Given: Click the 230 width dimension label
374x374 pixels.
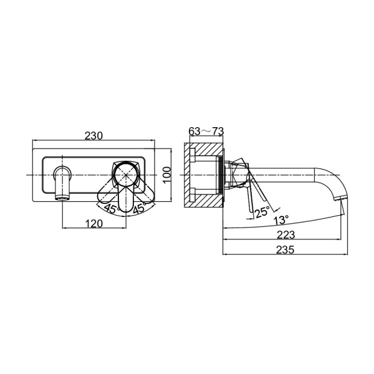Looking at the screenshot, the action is [x=93, y=135].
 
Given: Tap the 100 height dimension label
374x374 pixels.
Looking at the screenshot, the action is [x=168, y=175].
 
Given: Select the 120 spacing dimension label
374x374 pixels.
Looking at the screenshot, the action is [x=94, y=224].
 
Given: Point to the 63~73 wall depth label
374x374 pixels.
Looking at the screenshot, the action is [x=206, y=131].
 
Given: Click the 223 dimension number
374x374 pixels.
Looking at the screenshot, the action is [x=285, y=235].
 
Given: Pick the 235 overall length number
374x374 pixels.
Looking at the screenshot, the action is [x=285, y=250].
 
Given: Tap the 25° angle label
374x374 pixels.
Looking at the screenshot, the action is [x=262, y=212].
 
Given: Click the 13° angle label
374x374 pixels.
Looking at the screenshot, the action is [x=282, y=219].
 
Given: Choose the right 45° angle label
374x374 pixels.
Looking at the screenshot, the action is [x=140, y=208].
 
